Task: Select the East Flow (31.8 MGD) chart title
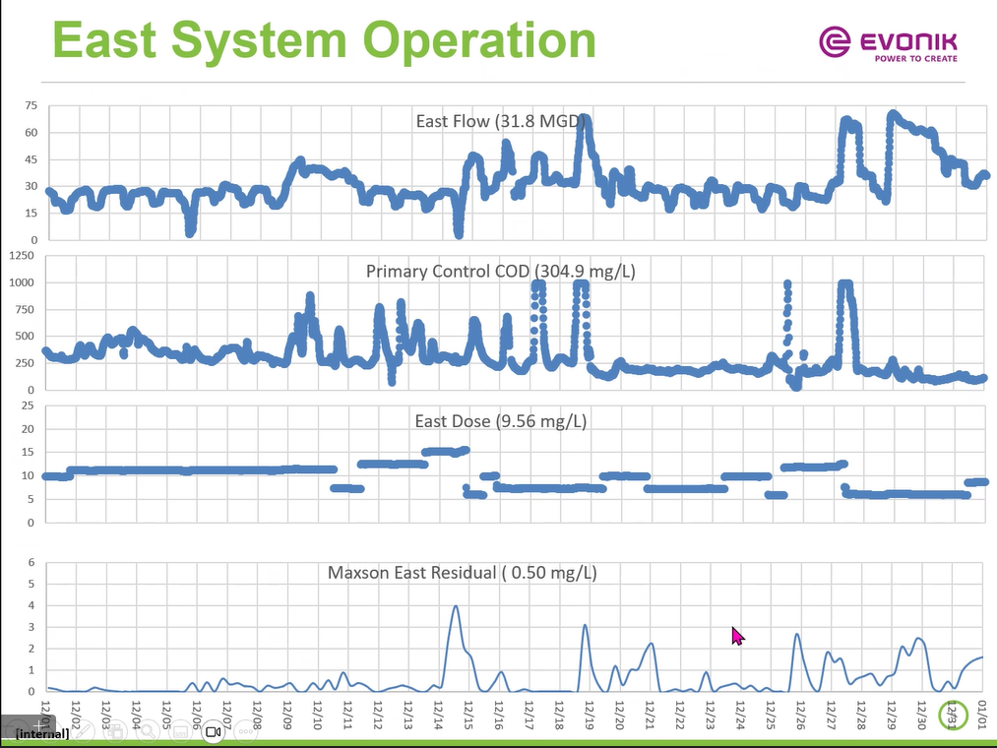tap(501, 122)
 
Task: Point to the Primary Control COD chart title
tap(501, 272)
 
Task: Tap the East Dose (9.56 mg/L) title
tap(501, 421)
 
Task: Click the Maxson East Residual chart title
tap(463, 572)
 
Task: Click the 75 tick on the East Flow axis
tap(31, 105)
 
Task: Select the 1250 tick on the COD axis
tap(22, 255)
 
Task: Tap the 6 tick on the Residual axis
tap(31, 563)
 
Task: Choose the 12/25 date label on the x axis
tap(771, 713)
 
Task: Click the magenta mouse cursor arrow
tap(737, 636)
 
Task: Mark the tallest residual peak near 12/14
tap(456, 606)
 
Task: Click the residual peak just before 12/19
tap(585, 626)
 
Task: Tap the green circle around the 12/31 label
tap(952, 716)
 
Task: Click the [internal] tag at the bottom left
tap(41, 733)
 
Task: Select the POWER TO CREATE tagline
tap(915, 59)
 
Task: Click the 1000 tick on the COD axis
tap(22, 282)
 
